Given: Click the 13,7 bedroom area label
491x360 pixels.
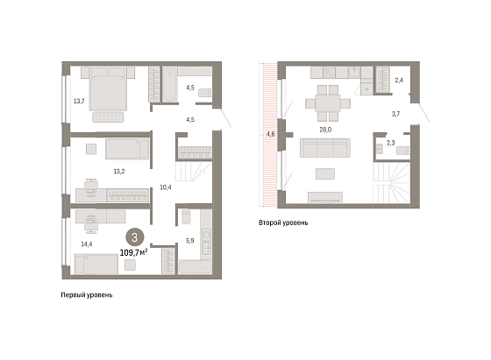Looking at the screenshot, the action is pos(79,101).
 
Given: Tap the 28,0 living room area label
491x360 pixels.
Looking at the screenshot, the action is pos(325,130).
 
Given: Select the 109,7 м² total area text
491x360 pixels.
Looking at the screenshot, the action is pos(133,252).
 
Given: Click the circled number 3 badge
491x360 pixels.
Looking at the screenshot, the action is pos(135,237).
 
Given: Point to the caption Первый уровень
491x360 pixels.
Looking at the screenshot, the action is pos(87,295).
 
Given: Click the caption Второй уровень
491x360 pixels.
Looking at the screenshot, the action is pos(283,222).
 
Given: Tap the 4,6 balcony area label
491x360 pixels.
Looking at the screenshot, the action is pos(271,134).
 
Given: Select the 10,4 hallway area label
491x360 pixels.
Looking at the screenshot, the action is pos(166,187).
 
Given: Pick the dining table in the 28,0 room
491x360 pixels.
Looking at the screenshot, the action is pos(328,103).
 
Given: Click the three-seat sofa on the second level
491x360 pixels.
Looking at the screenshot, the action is pos(325,148).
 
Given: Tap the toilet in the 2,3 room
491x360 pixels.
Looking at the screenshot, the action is pos(402,151).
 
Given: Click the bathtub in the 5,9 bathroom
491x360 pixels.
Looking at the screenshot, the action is pos(195,267).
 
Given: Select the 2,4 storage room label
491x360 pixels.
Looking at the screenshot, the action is pos(399,81).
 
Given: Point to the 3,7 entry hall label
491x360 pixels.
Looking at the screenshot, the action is pos(395,114).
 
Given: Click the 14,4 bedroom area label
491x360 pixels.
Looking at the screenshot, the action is pos(87,244).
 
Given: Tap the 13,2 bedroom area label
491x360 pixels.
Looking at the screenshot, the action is pos(119,172).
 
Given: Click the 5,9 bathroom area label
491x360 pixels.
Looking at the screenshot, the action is pos(190,241).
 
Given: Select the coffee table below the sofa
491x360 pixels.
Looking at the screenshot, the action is pos(325,173).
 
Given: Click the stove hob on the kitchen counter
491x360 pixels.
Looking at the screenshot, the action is pos(330,73).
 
